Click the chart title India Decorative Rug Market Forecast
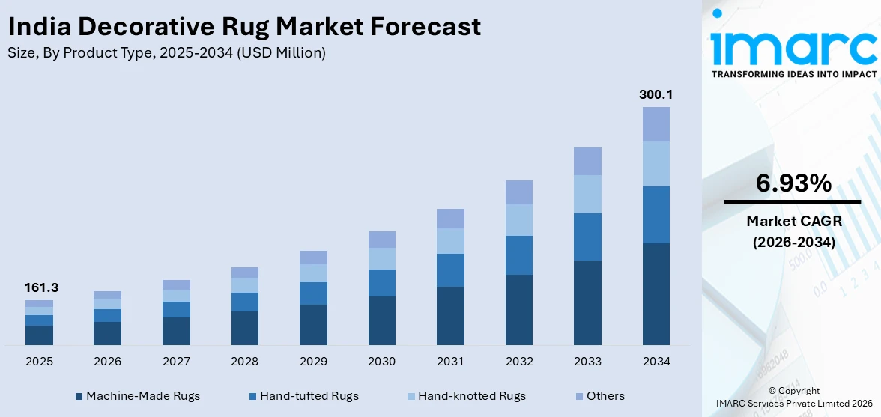click(x=243, y=27)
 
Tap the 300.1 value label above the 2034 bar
click(x=656, y=94)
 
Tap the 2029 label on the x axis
click(x=313, y=362)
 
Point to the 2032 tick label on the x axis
click(x=519, y=362)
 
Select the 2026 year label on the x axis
click(x=107, y=362)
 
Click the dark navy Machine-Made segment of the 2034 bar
click(x=656, y=293)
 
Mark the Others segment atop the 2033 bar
click(x=587, y=161)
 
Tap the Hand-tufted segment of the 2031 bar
click(x=450, y=270)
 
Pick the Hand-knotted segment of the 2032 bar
click(x=519, y=220)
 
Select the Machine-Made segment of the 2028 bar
click(x=244, y=328)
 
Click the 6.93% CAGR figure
click(x=793, y=183)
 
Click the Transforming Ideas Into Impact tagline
click(x=793, y=74)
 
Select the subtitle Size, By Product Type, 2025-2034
click(x=166, y=52)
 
